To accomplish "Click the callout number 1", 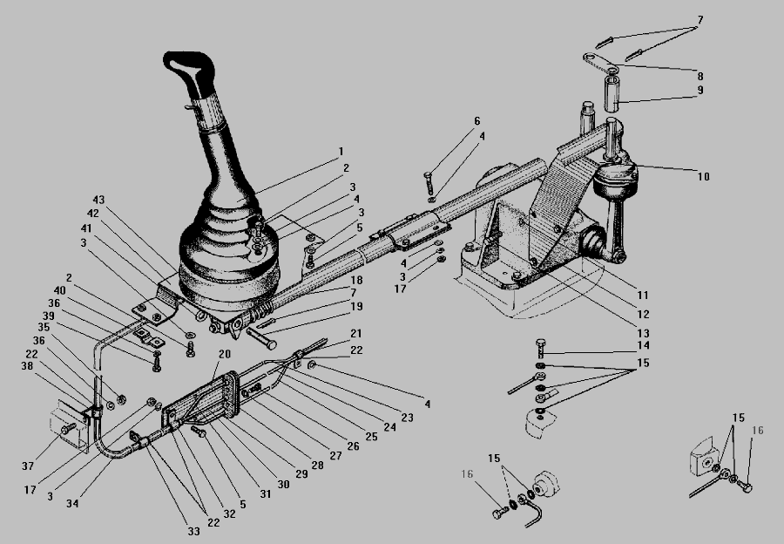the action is [x=341, y=151].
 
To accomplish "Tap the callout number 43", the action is [x=98, y=200].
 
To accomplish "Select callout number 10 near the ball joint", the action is [x=704, y=177].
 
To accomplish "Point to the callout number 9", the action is [x=700, y=90].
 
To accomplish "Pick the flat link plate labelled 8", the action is [x=600, y=62].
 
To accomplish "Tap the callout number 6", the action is [x=477, y=121].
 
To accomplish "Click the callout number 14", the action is [x=644, y=345].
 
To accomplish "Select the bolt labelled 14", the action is [x=540, y=348].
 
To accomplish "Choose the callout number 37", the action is [x=28, y=466].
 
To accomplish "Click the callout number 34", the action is [x=72, y=504].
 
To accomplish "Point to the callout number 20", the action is [x=225, y=354].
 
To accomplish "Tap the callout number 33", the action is [x=193, y=532].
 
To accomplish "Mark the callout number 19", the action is [x=356, y=306].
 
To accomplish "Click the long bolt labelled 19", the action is [x=261, y=338].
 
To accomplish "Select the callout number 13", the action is [x=643, y=333].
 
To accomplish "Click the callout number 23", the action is [x=408, y=418].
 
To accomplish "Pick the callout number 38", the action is [x=27, y=366].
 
